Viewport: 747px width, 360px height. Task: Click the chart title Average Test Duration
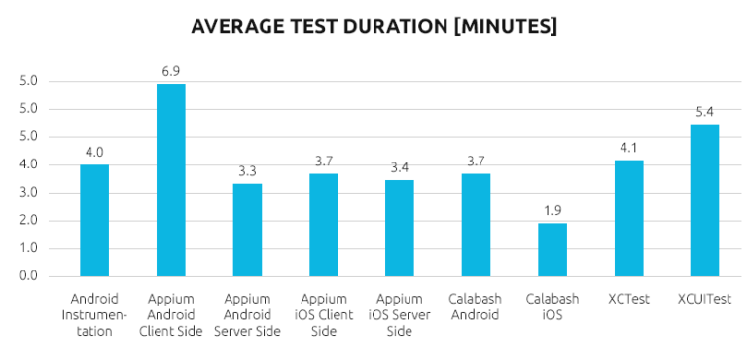(x=374, y=26)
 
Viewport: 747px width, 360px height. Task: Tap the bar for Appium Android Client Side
(x=170, y=180)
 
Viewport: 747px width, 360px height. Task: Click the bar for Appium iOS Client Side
(x=323, y=225)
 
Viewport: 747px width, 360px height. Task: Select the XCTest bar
(x=628, y=218)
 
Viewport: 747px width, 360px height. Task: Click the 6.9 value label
(x=170, y=72)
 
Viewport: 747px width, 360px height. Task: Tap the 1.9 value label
(x=551, y=210)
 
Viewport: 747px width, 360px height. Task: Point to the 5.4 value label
(x=704, y=112)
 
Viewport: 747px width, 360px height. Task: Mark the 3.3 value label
(x=247, y=171)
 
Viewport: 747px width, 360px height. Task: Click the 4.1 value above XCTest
(x=628, y=148)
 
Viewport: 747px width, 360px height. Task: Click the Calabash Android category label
(x=476, y=306)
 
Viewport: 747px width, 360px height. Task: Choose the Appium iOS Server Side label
(x=399, y=315)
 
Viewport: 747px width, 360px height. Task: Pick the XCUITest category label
(x=704, y=299)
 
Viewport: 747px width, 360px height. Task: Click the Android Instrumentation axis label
(x=94, y=315)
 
